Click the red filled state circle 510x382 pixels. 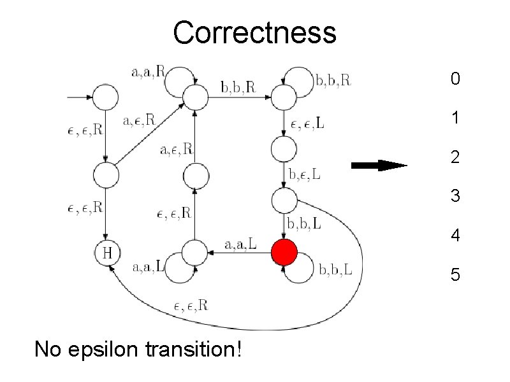click(x=284, y=253)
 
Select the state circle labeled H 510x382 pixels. click(x=107, y=253)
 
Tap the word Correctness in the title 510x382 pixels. click(x=254, y=32)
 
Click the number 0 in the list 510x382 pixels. click(x=455, y=79)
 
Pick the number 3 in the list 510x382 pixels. click(x=455, y=196)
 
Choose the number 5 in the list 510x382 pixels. click(x=455, y=275)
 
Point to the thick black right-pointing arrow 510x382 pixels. click(x=379, y=166)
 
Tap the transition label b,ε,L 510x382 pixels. click(x=305, y=173)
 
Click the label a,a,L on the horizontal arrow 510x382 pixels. click(x=241, y=243)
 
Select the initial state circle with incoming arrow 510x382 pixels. click(x=106, y=97)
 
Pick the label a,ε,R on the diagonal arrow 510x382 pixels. click(x=138, y=119)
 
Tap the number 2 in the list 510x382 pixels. click(x=455, y=157)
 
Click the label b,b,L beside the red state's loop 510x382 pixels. click(x=335, y=271)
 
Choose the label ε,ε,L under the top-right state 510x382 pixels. click(x=307, y=125)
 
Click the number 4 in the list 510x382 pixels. click(x=455, y=236)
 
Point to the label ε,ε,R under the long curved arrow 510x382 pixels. click(x=191, y=306)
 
